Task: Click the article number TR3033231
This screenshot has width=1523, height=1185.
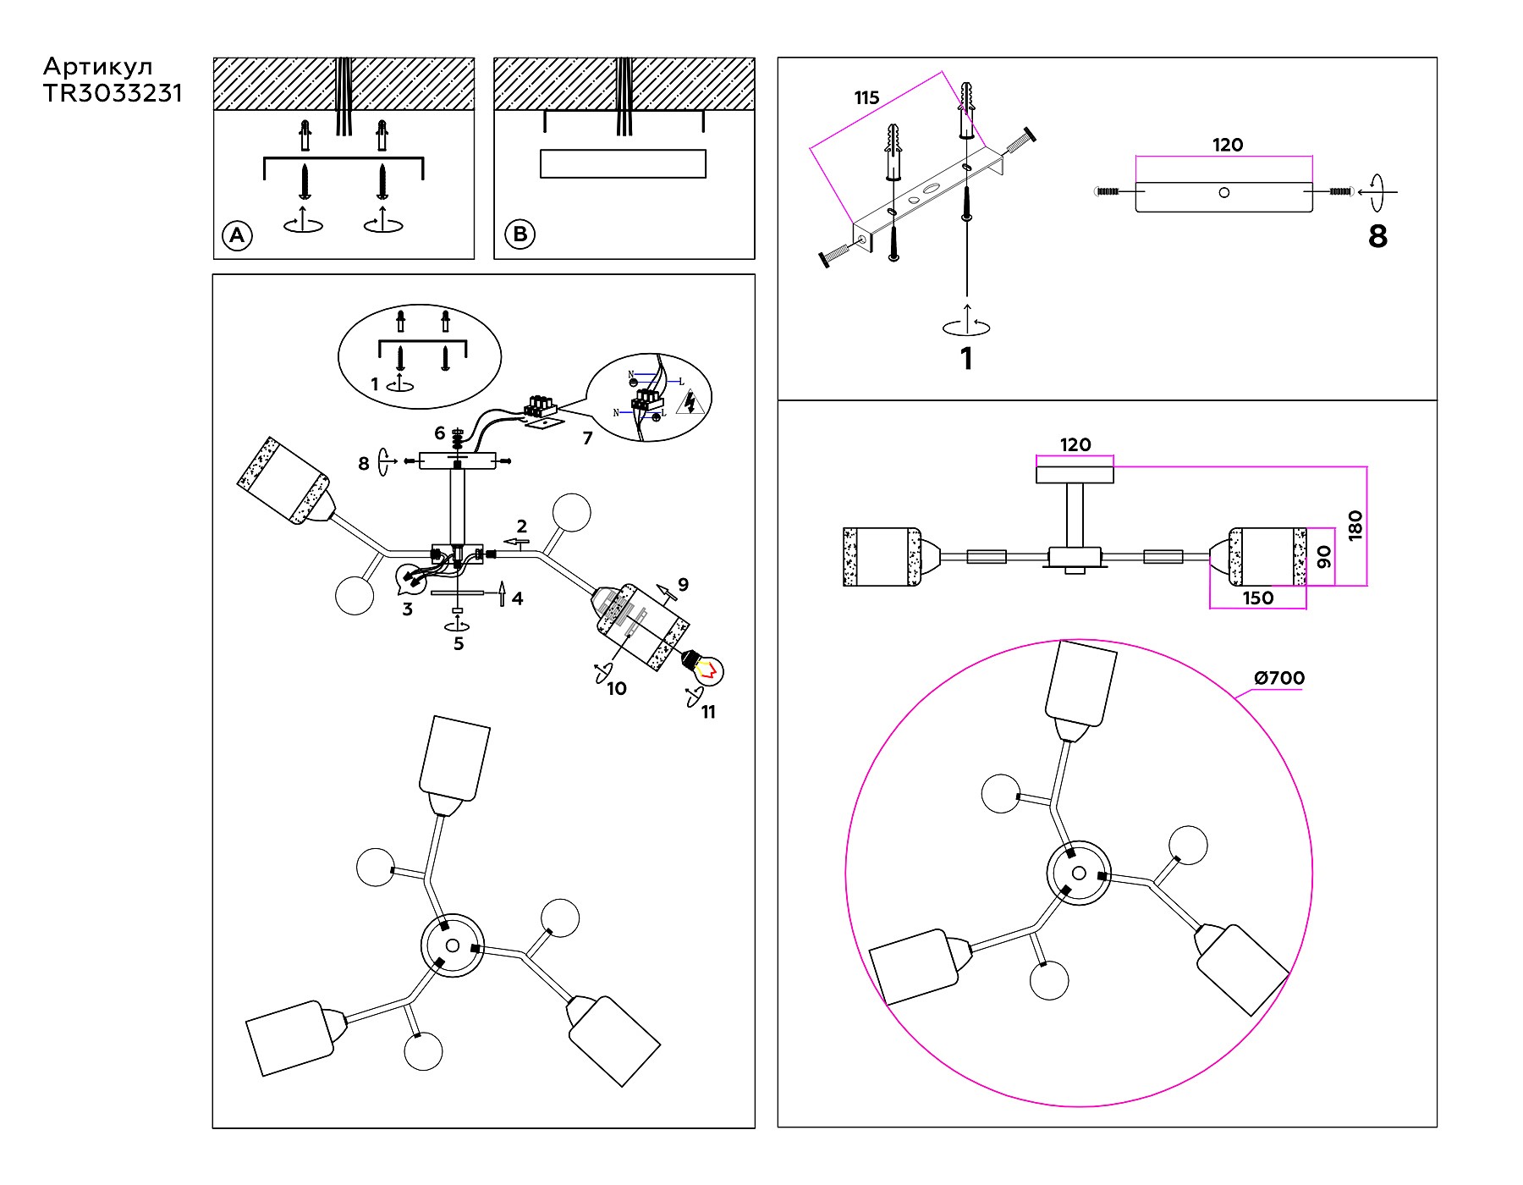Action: point(113,94)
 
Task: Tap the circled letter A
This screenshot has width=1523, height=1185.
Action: point(237,235)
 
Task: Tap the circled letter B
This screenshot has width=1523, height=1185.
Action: point(520,234)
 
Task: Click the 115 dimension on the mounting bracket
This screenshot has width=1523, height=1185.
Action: point(866,98)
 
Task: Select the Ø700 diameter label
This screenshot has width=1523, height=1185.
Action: point(1279,678)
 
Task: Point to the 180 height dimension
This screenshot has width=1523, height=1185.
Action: point(1355,526)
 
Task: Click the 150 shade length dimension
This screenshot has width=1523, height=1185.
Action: point(1257,598)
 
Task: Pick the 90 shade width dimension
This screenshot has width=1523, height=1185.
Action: point(1324,557)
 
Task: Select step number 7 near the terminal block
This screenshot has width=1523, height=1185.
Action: point(587,438)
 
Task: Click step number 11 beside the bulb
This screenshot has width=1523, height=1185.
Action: point(708,713)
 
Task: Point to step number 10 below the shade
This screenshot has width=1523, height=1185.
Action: point(617,689)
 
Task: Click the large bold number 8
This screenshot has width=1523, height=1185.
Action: point(1377,236)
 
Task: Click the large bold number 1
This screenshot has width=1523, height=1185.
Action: point(966,359)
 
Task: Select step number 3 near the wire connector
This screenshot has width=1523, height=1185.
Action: point(407,609)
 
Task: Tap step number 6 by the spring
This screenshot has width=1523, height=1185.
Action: point(439,433)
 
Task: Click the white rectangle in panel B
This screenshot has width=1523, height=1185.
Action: point(623,163)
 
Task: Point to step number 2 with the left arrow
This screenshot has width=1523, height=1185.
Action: point(522,526)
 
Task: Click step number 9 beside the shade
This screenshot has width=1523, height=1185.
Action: point(683,585)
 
